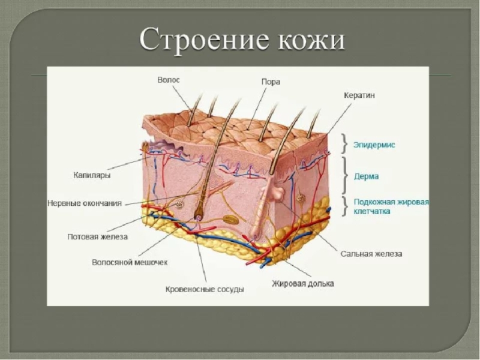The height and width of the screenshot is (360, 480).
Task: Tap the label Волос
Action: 169,79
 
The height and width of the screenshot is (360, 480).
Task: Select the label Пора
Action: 271,82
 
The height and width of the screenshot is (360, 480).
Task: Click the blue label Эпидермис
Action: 374,145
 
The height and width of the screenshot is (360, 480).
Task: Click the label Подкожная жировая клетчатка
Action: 391,206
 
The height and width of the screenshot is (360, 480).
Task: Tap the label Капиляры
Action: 95,176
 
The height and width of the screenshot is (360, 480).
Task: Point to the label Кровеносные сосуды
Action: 205,289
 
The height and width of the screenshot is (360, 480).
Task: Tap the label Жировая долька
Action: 302,283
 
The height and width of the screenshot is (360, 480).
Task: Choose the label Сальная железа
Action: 371,254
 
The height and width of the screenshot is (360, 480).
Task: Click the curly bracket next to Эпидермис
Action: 344,144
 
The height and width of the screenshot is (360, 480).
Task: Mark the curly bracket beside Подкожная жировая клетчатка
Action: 344,206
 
